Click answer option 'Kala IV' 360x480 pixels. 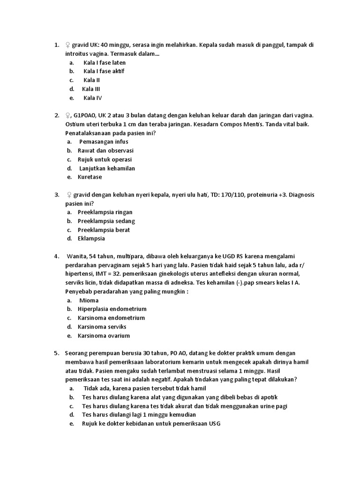coord(92,98)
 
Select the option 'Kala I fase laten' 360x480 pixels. coord(105,62)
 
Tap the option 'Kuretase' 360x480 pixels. coord(90,177)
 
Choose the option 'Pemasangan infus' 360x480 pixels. coord(104,142)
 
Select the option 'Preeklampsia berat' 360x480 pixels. coord(104,230)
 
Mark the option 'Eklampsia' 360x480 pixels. coord(91,239)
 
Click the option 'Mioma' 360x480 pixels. coord(89,300)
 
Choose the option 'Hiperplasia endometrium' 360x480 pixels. coord(112,309)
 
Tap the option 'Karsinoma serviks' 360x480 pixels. coord(102,327)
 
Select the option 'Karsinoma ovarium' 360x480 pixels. coord(104,336)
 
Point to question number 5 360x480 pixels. coord(56,353)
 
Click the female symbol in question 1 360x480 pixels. coord(68,45)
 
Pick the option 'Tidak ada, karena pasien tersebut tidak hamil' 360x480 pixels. coord(144,389)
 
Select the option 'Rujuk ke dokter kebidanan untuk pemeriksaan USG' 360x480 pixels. coord(150,424)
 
